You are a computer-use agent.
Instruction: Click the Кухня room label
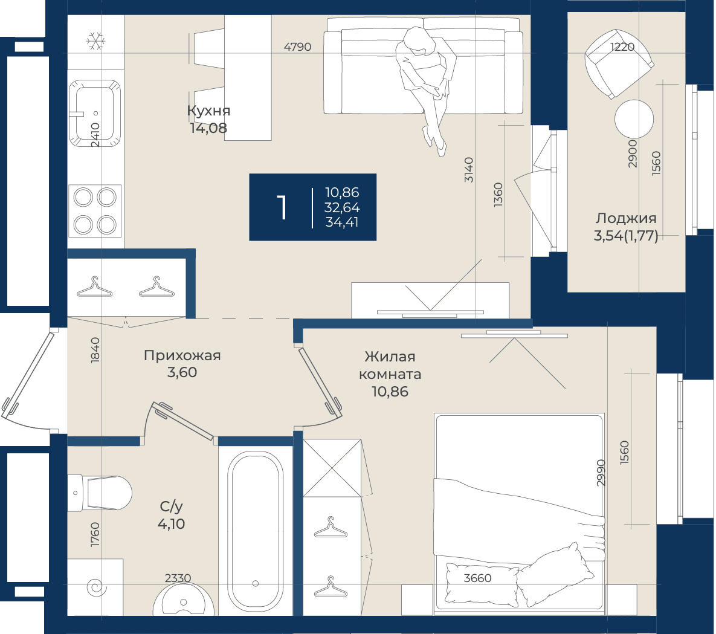[208, 111]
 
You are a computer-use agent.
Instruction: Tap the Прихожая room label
[182, 355]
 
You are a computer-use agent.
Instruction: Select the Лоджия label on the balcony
[625, 218]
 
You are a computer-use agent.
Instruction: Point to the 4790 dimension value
[297, 47]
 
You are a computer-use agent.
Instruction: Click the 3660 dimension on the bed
[478, 578]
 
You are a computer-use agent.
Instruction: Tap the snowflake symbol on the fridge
[95, 41]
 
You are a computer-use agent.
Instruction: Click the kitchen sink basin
[95, 113]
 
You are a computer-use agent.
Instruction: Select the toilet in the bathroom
[100, 493]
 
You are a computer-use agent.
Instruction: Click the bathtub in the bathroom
[255, 530]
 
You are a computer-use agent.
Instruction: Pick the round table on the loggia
[634, 118]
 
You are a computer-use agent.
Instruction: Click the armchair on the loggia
[619, 63]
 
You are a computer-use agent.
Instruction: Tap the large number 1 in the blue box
[282, 208]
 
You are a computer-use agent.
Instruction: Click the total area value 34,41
[342, 222]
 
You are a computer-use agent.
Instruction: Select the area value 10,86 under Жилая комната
[390, 392]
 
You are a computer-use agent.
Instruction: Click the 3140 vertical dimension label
[469, 169]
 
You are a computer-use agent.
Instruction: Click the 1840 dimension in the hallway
[95, 351]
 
